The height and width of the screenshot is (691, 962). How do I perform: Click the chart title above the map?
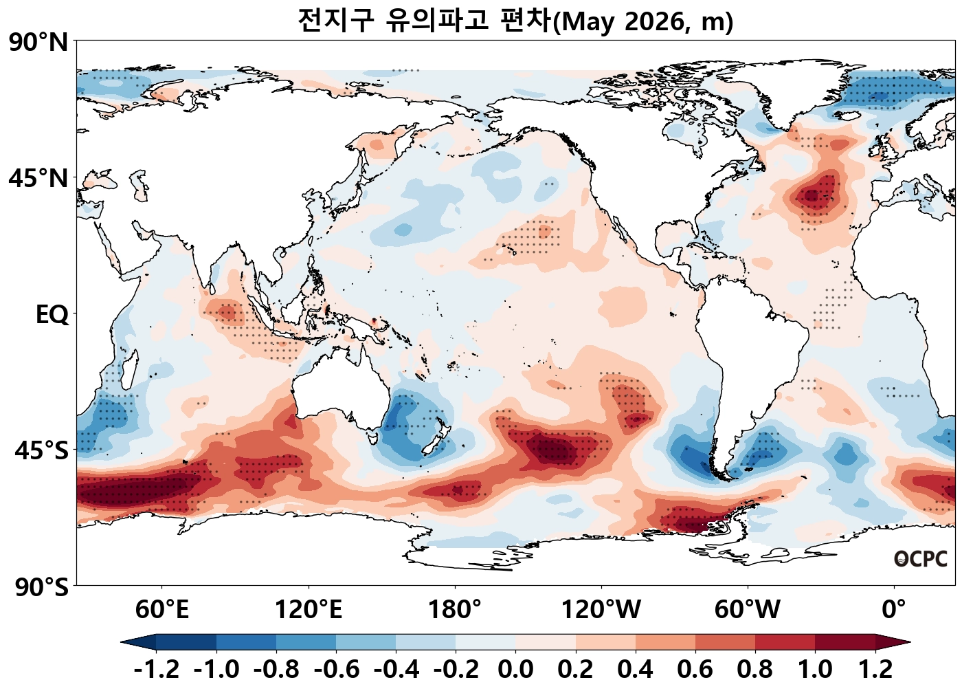pyautogui.click(x=515, y=21)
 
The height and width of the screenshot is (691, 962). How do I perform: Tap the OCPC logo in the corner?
pyautogui.click(x=920, y=560)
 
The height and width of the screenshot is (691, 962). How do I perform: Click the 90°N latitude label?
pyautogui.click(x=39, y=43)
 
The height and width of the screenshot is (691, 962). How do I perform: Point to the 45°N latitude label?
pyautogui.click(x=39, y=179)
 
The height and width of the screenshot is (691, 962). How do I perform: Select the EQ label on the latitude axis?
pyautogui.click(x=52, y=315)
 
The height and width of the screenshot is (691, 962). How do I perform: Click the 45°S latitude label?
pyautogui.click(x=41, y=451)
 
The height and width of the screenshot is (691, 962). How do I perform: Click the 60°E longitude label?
pyautogui.click(x=162, y=609)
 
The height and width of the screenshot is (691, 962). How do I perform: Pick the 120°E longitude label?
pyautogui.click(x=309, y=609)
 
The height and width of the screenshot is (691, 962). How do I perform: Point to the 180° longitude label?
pyautogui.click(x=455, y=609)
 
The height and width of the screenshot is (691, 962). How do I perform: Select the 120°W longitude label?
pyautogui.click(x=601, y=609)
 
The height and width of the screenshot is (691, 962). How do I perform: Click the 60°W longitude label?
pyautogui.click(x=748, y=609)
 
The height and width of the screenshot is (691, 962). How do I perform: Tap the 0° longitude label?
pyautogui.click(x=894, y=609)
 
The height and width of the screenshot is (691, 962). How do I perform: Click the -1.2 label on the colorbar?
pyautogui.click(x=157, y=669)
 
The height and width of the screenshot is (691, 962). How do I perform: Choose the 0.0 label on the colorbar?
pyautogui.click(x=515, y=669)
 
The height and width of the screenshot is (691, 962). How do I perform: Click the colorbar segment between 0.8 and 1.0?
pyautogui.click(x=785, y=642)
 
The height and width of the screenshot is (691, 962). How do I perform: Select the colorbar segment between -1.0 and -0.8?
pyautogui.click(x=246, y=642)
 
